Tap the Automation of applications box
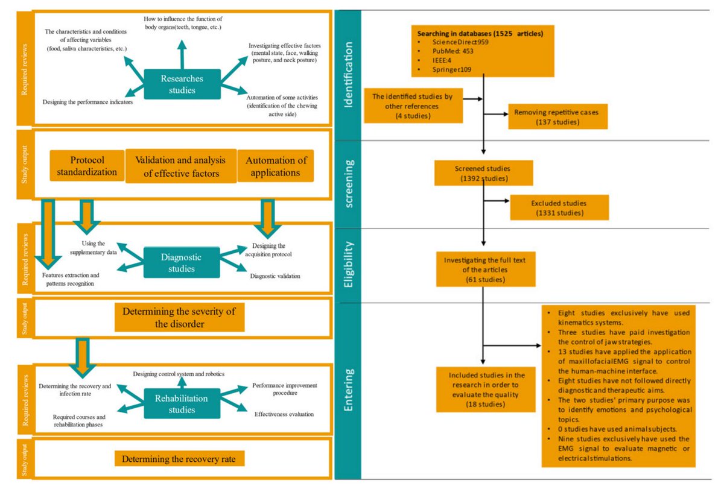click(276, 166)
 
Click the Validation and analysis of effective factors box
click(180, 166)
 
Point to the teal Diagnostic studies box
click(181, 262)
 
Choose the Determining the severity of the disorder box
click(179, 317)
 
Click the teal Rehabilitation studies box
click(182, 404)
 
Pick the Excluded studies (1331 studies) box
click(559, 208)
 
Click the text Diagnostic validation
click(275, 276)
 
